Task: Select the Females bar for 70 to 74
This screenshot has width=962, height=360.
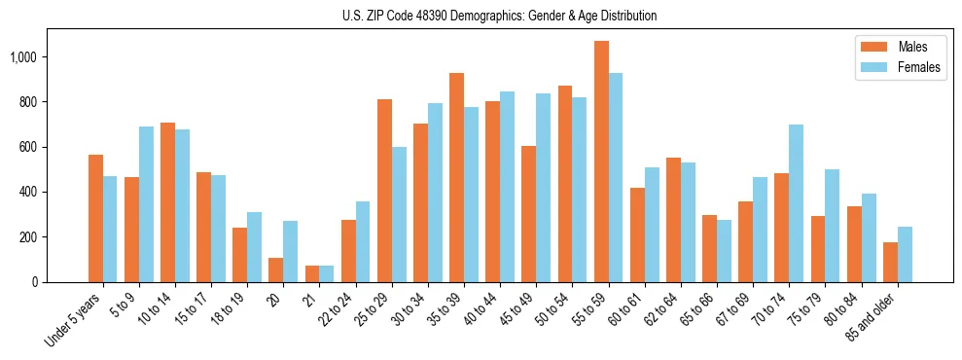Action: tap(797, 203)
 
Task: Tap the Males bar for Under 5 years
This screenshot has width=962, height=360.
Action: tap(95, 218)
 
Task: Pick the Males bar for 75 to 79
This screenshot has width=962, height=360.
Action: tap(818, 249)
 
